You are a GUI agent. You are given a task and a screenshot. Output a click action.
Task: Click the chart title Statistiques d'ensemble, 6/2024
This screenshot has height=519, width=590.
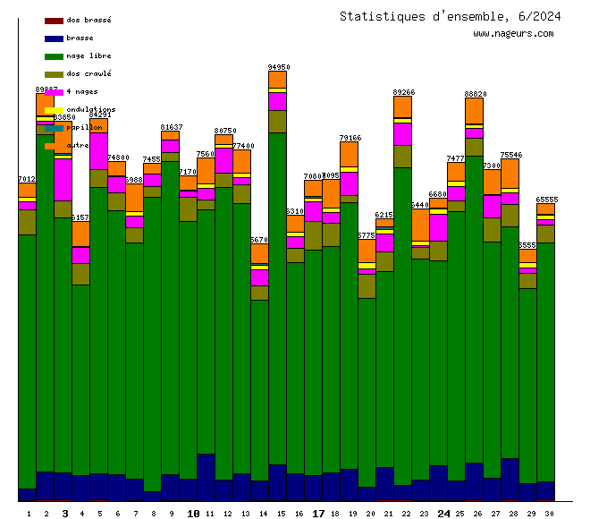pos(451,16)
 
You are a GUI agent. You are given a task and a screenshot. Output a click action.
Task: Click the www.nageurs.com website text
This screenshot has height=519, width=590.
pos(513,34)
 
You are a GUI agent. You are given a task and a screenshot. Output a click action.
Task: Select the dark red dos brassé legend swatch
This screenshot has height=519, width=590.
pos(54,20)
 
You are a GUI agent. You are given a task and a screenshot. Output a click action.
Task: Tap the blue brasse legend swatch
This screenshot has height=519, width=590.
pos(54,38)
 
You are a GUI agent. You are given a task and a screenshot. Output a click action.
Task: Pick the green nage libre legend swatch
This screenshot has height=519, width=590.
pos(54,55)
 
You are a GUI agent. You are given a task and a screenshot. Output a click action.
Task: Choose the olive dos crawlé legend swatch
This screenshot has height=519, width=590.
pos(54,73)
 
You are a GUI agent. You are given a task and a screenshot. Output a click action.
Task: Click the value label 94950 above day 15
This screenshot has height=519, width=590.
pos(279,67)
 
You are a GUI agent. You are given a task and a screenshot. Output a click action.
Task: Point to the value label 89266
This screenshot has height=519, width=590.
pos(404,92)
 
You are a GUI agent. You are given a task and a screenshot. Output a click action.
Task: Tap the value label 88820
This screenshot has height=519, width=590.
pos(476,94)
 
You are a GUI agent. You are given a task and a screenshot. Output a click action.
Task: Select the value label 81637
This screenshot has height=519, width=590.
pos(172,127)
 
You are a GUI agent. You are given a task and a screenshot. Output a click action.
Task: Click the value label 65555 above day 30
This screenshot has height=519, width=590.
pos(547,200)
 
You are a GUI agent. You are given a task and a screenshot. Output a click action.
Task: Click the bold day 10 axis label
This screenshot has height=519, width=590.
pos(193,514)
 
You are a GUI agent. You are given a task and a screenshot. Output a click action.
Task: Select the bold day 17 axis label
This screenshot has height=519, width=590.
pos(318,514)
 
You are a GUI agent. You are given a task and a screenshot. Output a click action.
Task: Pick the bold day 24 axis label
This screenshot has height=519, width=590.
pos(443,514)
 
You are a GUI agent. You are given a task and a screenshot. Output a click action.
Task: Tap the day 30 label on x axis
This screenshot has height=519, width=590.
pos(546,514)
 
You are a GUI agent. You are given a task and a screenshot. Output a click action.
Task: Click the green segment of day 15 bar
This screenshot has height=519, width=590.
pos(277,295)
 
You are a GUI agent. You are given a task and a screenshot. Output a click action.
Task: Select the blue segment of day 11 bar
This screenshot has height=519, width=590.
pos(206,477)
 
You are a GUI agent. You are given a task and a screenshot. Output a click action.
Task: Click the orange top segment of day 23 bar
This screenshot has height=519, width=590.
pos(420,225)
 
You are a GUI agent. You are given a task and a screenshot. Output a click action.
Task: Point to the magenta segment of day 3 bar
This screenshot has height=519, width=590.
pos(63,179)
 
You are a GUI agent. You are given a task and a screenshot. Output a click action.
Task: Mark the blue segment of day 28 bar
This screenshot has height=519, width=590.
pos(510,479)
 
